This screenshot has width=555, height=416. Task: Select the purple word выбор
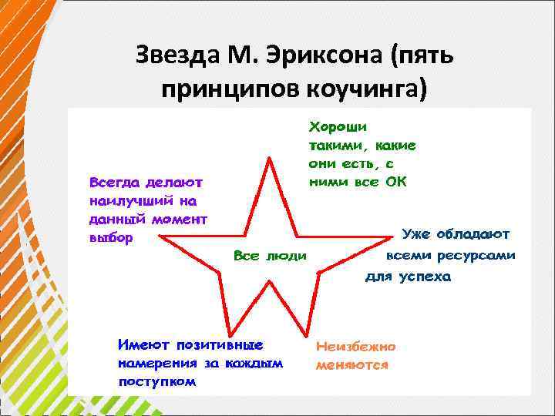[111, 238]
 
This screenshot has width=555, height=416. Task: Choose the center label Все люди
[270, 255]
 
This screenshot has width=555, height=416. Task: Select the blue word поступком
[157, 381]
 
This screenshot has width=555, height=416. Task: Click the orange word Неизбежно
[355, 347]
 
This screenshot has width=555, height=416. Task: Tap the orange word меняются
[351, 366]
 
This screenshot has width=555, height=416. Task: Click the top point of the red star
[270, 157]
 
